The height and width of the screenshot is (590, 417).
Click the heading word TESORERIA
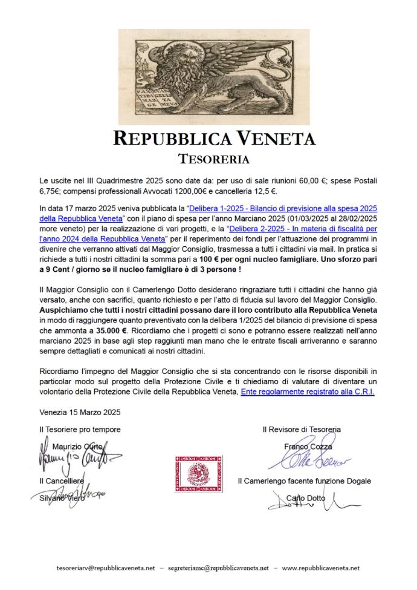coord(208,159)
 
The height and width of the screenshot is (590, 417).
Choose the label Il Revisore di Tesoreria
coord(301,429)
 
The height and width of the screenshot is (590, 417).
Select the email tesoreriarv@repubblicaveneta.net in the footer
coord(106,568)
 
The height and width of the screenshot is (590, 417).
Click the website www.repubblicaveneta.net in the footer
coord(321,568)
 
